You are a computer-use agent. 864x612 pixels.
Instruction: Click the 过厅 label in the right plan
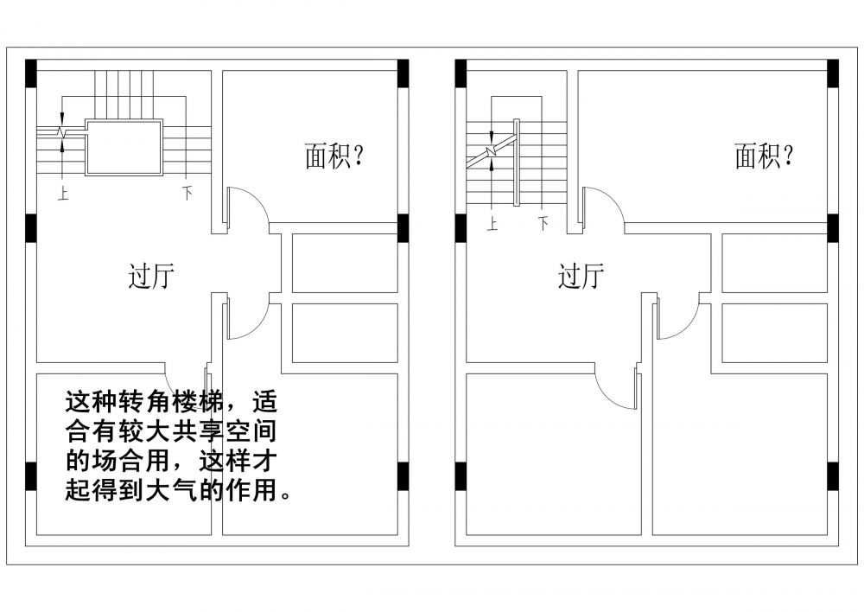tap(581, 277)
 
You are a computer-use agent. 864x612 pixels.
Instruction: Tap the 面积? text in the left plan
tap(334, 156)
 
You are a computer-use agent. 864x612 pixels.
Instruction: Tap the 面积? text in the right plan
tap(764, 156)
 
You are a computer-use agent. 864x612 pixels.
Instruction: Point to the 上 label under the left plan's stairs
tap(63, 194)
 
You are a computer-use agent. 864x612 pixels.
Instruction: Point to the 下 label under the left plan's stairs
tap(187, 194)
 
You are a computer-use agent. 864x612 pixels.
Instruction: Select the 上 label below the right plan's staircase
tap(492, 225)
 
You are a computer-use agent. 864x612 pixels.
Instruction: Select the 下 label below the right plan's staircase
tap(543, 225)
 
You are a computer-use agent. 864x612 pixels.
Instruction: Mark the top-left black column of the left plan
tap(31, 73)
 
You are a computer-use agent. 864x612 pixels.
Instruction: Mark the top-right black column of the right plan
tap(833, 73)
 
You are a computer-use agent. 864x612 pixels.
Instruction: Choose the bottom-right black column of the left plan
tap(403, 476)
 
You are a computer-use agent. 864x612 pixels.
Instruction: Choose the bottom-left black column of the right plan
tap(461, 476)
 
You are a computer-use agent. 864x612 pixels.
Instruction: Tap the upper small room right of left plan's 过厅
tap(344, 263)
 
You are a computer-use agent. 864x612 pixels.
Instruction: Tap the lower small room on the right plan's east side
tap(774, 333)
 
